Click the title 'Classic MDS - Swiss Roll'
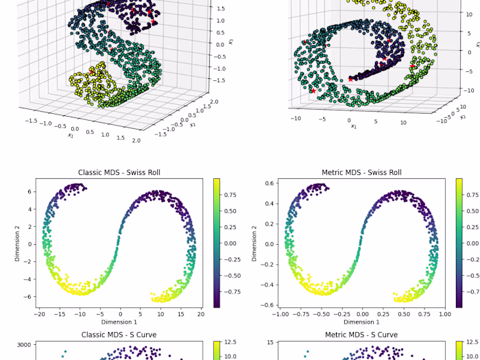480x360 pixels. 119,172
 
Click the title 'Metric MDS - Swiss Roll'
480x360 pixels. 361,172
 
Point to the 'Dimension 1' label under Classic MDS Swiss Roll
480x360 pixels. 119,322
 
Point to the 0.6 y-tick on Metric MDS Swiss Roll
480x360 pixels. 270,183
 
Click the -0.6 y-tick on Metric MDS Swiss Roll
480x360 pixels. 268,305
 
